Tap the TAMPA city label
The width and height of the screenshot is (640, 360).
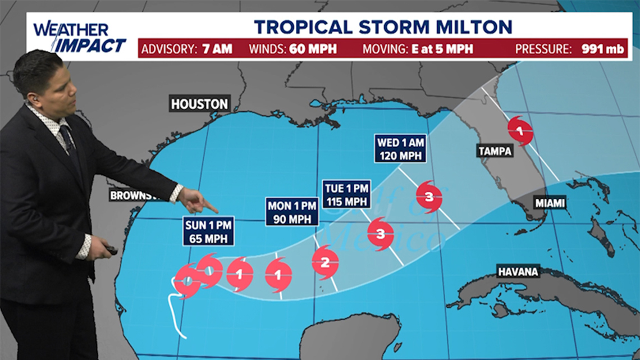495,151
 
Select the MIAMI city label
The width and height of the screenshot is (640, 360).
550,203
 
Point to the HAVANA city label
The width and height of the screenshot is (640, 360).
518,272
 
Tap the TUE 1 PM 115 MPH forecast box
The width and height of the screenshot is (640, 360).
346,194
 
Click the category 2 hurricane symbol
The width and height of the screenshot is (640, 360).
325,262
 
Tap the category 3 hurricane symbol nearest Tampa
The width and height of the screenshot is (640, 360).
429,197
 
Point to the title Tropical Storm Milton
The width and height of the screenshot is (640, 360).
383,26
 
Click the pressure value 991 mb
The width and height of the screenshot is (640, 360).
602,49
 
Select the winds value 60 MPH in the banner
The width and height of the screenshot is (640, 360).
313,49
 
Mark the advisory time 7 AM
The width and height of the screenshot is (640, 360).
217,49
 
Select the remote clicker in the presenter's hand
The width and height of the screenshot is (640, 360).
109,250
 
